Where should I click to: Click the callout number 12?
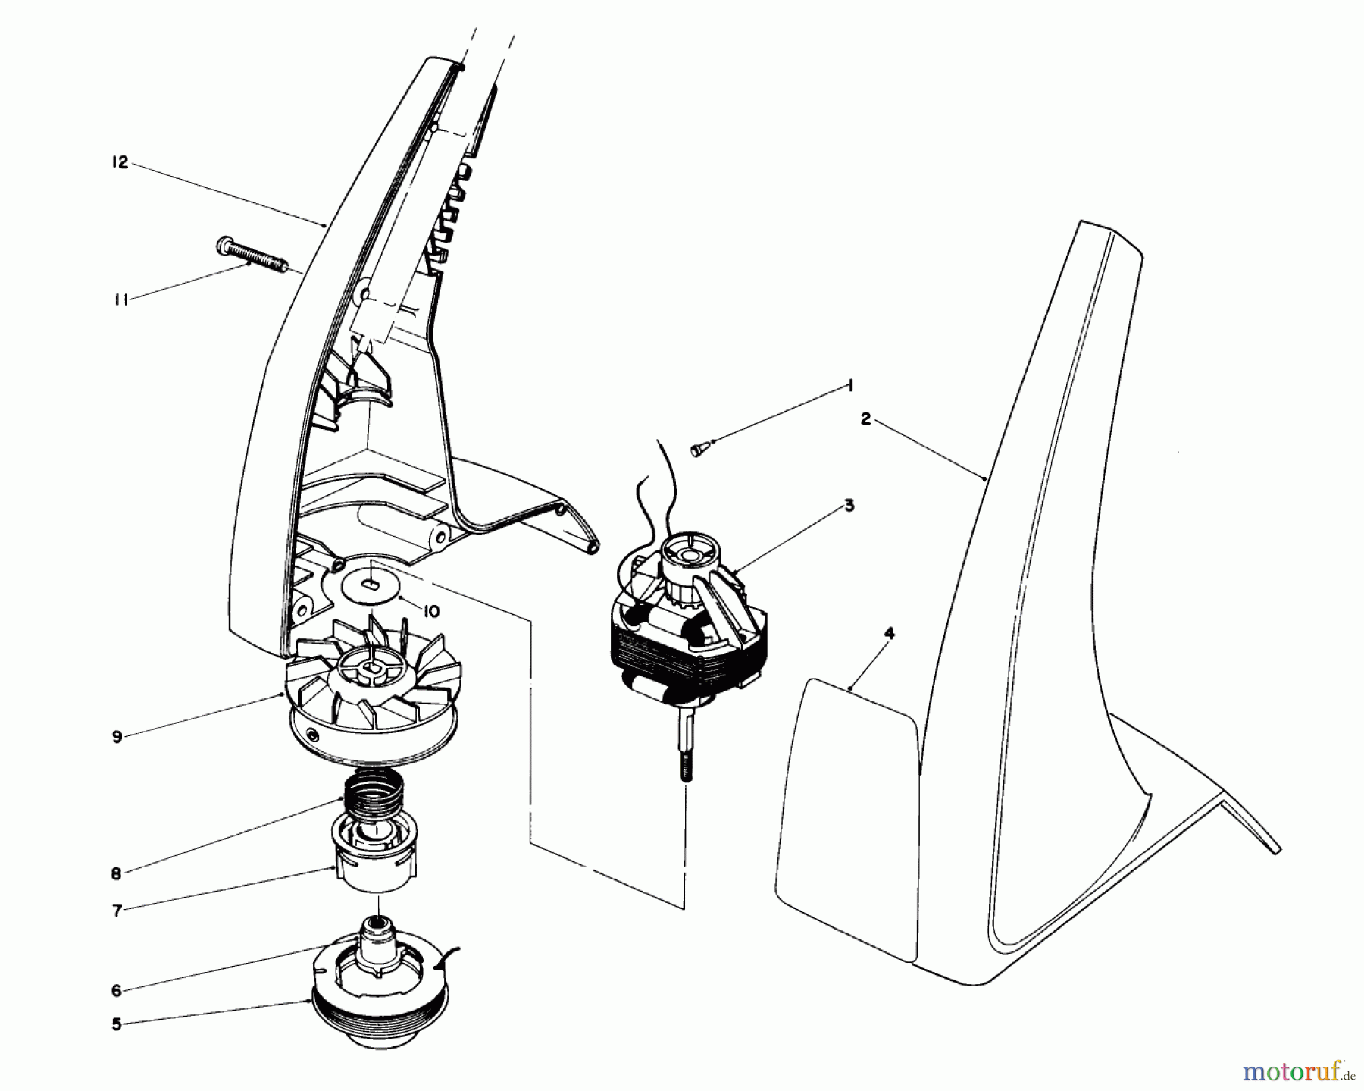tap(120, 163)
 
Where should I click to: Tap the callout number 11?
tap(120, 300)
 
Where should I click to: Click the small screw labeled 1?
tap(698, 450)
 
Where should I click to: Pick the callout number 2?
tap(866, 419)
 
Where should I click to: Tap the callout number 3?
tap(849, 506)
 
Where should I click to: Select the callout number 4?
tap(890, 634)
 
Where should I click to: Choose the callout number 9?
tap(117, 736)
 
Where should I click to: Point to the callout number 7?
tap(117, 911)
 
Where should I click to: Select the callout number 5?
tap(117, 1025)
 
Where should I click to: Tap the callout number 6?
tap(117, 990)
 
